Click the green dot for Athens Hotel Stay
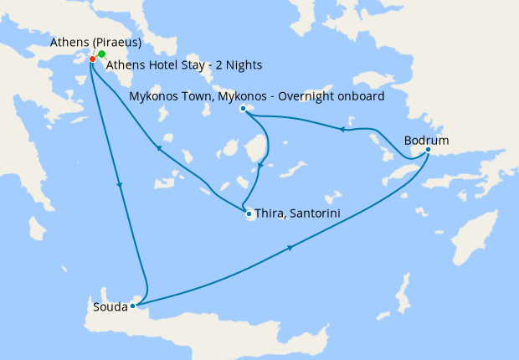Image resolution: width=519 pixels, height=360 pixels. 101,54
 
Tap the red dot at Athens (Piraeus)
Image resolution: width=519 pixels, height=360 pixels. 92,59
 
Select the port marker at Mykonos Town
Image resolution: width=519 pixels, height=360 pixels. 243,109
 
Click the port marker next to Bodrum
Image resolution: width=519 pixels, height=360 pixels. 428,151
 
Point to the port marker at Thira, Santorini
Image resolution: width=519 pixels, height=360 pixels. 249,214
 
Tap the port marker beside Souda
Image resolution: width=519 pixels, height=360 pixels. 133,306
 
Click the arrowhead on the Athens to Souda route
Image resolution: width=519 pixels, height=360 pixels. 121,185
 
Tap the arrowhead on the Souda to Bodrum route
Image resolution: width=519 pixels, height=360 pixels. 290,248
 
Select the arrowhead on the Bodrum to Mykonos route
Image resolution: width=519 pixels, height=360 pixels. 341,129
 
